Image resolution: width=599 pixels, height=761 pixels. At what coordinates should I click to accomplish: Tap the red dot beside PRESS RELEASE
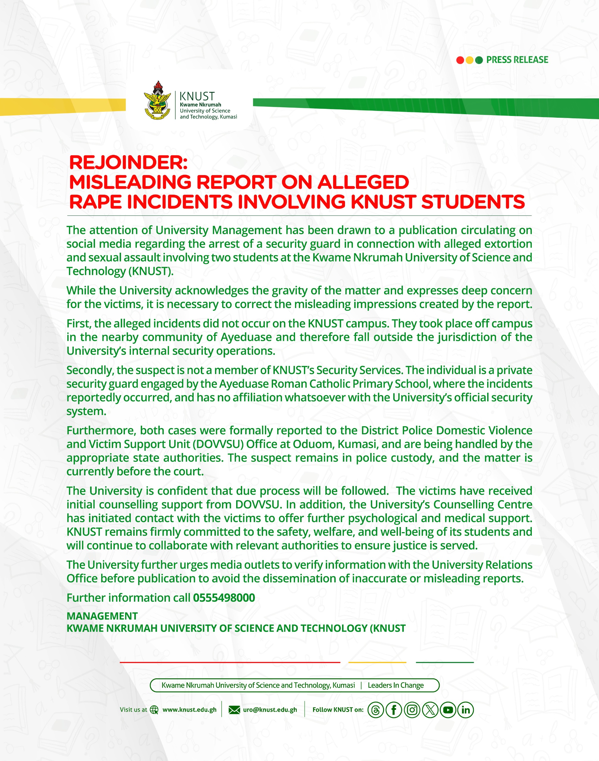pyautogui.click(x=460, y=60)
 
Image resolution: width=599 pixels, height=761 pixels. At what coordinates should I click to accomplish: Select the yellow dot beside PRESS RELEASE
pyautogui.click(x=469, y=60)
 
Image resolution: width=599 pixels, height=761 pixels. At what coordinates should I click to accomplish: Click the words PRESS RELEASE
pyautogui.click(x=517, y=60)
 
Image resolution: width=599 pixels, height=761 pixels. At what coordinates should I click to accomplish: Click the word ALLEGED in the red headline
pyautogui.click(x=363, y=182)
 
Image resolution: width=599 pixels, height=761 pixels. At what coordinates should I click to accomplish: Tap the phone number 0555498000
pyautogui.click(x=224, y=598)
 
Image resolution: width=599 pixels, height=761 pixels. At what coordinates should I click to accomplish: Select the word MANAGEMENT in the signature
pyautogui.click(x=102, y=616)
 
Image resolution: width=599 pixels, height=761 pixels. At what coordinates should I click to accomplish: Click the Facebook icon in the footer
pyautogui.click(x=394, y=710)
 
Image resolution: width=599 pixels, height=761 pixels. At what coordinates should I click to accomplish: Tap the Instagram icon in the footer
pyautogui.click(x=412, y=710)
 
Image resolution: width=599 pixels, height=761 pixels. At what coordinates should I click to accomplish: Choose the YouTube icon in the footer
pyautogui.click(x=448, y=710)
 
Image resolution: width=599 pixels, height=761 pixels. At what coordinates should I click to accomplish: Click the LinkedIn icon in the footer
pyautogui.click(x=466, y=710)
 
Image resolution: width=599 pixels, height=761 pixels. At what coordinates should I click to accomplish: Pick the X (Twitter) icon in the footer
pyautogui.click(x=430, y=710)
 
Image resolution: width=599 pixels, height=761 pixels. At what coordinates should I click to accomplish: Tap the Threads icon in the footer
pyautogui.click(x=376, y=710)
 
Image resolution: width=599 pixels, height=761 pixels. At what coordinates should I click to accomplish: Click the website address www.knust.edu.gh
pyautogui.click(x=189, y=710)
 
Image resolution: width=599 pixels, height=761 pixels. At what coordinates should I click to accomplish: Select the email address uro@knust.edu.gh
pyautogui.click(x=270, y=710)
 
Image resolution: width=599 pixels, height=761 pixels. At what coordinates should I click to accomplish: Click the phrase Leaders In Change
pyautogui.click(x=396, y=685)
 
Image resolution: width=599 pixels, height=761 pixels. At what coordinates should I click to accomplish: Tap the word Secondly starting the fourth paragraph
pyautogui.click(x=90, y=370)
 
